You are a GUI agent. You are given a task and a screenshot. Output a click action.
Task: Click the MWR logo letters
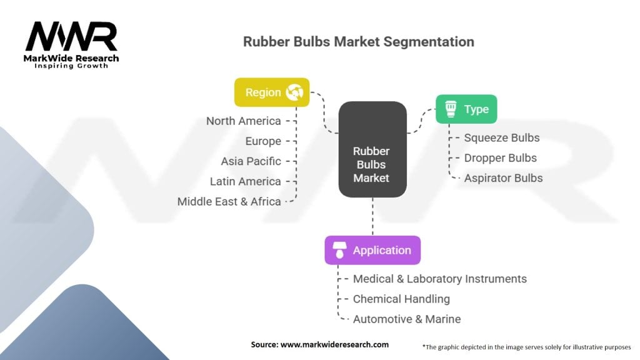pos(71,36)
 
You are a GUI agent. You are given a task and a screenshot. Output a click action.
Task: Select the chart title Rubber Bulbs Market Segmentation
pos(359,42)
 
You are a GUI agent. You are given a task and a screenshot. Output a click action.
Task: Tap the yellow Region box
pos(272,92)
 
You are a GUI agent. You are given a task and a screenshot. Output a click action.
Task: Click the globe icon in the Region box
pos(295,92)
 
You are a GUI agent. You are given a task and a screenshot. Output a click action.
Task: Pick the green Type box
pos(466,109)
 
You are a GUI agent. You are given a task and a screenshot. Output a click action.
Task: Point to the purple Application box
pos(372,250)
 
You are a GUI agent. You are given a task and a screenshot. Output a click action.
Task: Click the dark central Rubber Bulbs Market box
pos(372,149)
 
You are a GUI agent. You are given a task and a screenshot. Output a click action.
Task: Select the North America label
pos(244,121)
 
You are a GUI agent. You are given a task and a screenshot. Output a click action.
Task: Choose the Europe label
pos(263,141)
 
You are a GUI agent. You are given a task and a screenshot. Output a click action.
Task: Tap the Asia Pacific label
pos(251,161)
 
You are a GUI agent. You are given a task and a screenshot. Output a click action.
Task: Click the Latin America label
pos(245,181)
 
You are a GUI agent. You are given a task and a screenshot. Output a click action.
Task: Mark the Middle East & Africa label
pos(229,202)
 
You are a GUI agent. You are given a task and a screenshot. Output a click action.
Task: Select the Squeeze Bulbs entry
pos(502,138)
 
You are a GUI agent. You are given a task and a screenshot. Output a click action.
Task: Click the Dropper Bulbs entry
pos(501,158)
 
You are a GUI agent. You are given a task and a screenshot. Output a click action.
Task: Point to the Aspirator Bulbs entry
pos(504,178)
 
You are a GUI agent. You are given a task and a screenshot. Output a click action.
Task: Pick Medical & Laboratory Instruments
pos(440,279)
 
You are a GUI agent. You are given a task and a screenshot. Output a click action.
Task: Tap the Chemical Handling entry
pos(402,299)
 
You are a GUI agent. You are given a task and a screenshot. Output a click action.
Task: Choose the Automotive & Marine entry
pos(407,319)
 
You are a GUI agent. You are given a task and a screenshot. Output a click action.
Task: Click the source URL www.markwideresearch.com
pos(335,344)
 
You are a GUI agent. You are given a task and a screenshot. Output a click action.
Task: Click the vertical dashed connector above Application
pos(372,217)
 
